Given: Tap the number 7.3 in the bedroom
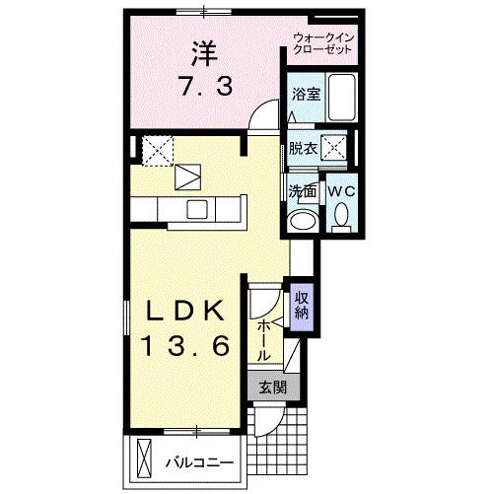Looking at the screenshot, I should point(205,87).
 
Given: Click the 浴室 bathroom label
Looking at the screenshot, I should point(305,96).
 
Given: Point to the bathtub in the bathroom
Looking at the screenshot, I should point(340,98).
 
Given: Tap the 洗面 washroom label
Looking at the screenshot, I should point(302,191).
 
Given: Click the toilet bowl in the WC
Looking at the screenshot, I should point(341,214).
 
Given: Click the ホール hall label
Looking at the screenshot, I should point(265,338).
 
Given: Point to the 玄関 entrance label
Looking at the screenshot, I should point(271,388).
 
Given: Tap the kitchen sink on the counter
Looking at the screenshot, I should point(196,209).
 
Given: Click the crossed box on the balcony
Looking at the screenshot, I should point(144,459).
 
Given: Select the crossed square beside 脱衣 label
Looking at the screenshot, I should point(334,148).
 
